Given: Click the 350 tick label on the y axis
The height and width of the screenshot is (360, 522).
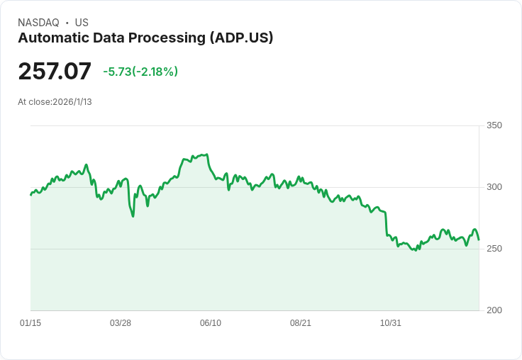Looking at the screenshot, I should point(494,125).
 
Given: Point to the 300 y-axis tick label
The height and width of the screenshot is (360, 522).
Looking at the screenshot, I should point(494,187).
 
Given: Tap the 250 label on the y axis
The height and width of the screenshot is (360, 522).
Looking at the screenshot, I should point(494,249).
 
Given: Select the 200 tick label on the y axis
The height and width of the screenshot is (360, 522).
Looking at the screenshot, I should point(494,310).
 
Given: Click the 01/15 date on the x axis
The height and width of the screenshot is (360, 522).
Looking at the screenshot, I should point(30,323).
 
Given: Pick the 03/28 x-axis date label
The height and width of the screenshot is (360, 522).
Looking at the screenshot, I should point(121,323).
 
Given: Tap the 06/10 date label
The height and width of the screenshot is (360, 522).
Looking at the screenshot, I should point(211,323).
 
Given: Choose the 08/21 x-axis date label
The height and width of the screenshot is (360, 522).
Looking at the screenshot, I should point(301,323).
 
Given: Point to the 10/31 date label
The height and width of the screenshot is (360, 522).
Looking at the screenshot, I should point(391,323).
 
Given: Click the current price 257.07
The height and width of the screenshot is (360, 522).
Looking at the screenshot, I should point(55,72).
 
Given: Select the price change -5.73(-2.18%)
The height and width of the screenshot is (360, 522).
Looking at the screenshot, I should point(140,72).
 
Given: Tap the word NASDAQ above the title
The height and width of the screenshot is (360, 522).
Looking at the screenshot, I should point(38,23).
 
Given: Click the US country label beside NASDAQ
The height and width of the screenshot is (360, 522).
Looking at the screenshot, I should point(82,23).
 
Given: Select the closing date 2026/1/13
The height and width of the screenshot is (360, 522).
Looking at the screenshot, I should point(72,102).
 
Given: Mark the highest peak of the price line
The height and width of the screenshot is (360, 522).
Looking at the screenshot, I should point(206,154).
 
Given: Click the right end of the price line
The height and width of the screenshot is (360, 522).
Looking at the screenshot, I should point(479,240).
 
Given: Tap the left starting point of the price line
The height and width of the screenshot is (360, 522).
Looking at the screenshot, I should point(30,194).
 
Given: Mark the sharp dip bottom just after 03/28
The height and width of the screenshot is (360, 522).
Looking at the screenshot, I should point(133,216).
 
